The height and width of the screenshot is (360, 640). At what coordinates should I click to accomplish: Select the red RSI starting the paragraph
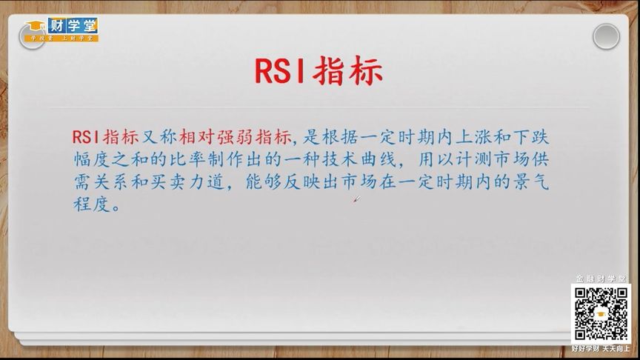(x=87, y=136)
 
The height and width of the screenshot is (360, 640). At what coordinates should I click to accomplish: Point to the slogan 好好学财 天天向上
(x=600, y=347)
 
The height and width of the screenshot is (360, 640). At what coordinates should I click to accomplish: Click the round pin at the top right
(x=605, y=36)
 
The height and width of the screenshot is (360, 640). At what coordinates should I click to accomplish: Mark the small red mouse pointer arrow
(x=356, y=199)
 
